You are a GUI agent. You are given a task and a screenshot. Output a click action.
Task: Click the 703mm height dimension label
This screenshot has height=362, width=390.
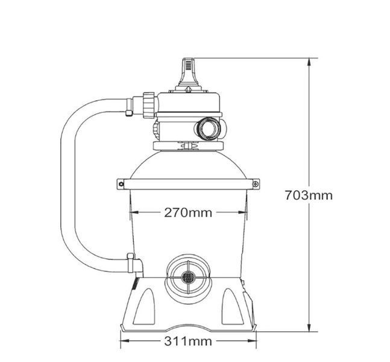[309, 195]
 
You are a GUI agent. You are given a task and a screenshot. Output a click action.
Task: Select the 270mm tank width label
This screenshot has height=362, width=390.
[188, 212]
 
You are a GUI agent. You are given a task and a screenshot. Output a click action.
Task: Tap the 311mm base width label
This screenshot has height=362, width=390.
[188, 341]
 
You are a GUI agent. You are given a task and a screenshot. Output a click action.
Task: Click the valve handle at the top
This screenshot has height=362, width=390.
[189, 72]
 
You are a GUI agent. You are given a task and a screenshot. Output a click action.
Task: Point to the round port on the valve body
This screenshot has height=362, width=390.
[208, 129]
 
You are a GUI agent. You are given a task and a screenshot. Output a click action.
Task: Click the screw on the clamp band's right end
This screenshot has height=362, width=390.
[256, 184]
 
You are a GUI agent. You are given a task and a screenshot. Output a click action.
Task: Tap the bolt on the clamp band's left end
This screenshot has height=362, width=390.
[121, 184]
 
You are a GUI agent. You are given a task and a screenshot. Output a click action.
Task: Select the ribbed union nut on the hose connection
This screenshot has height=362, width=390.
[149, 104]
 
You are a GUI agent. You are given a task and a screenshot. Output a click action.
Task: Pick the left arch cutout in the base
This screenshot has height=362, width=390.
[145, 308]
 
